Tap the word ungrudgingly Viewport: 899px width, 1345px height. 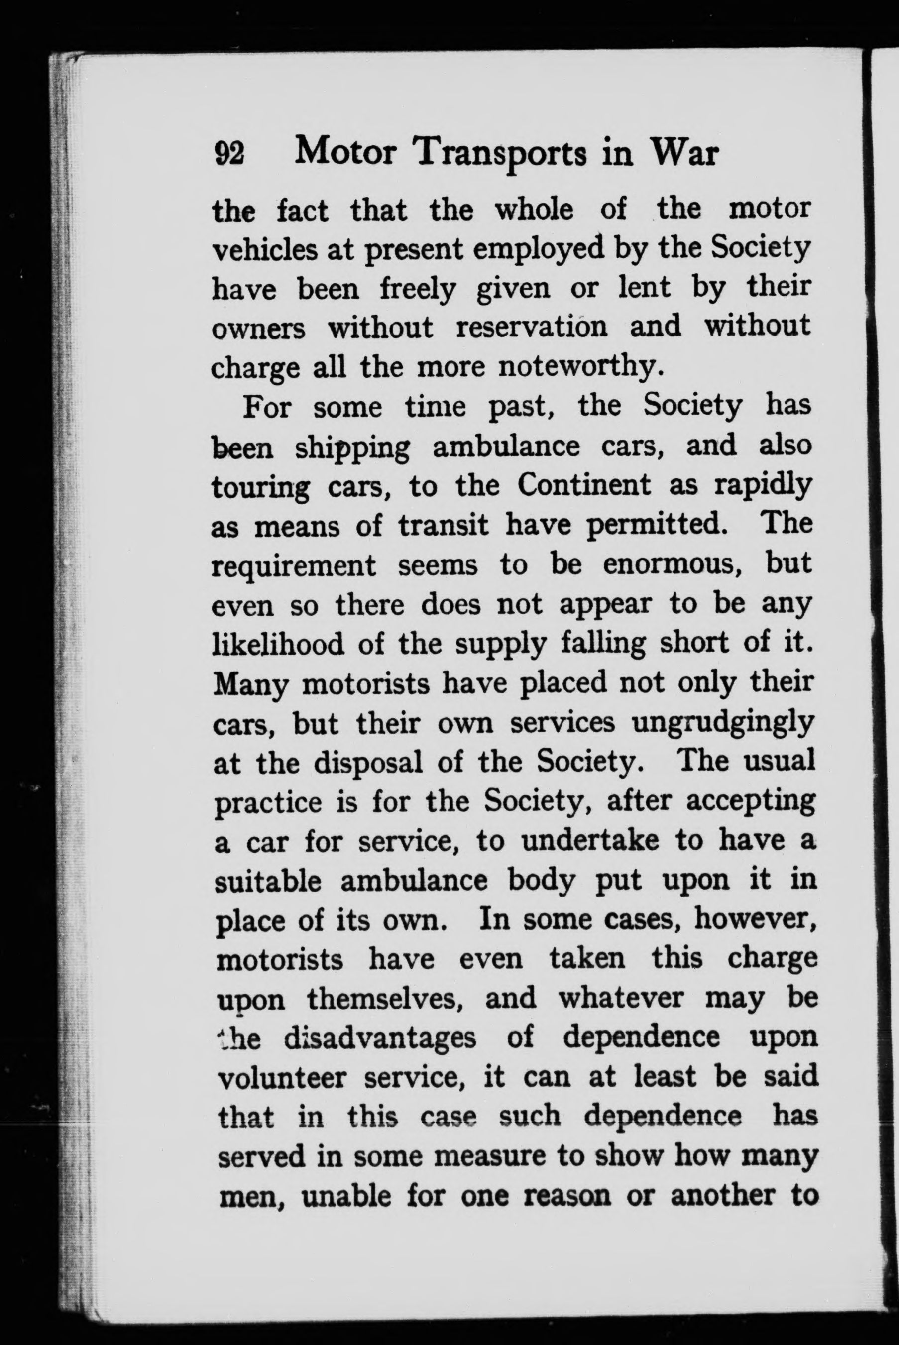tap(722, 724)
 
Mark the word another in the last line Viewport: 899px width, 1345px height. tap(719, 1197)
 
